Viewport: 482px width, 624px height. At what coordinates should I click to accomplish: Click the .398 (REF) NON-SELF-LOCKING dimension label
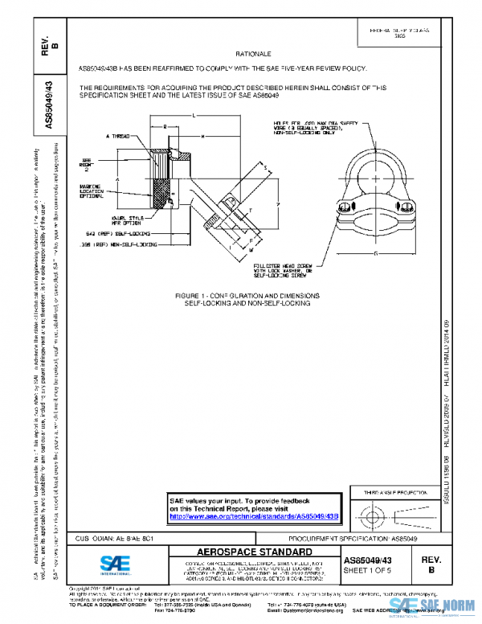click(120, 244)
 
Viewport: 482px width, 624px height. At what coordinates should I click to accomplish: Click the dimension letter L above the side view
click(195, 117)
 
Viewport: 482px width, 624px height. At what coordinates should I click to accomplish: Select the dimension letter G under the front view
click(374, 254)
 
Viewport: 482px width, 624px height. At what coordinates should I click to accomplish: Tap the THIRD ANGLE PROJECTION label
click(395, 491)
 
